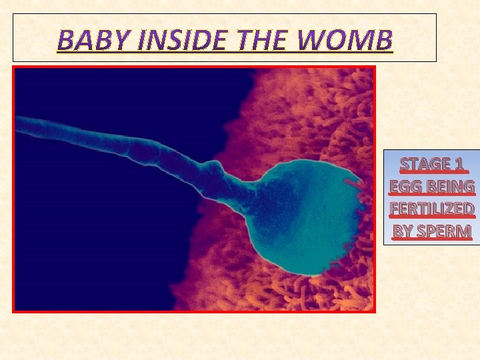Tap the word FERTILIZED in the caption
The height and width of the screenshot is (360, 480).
tap(432, 209)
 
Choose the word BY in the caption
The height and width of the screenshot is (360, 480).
tap(403, 231)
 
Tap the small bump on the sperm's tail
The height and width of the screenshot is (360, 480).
tap(214, 163)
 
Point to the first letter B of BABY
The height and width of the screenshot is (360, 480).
tap(65, 41)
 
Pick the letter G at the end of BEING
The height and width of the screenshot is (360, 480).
tap(468, 186)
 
